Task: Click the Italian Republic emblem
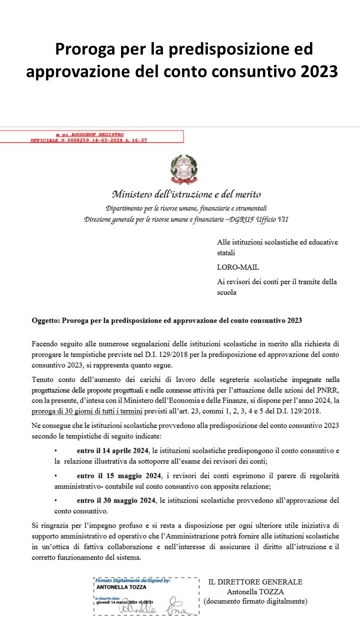tap(184, 169)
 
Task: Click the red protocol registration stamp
tap(91, 137)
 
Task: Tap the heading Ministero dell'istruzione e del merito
tap(186, 194)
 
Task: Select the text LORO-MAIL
tap(238, 267)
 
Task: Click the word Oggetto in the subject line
tap(45, 320)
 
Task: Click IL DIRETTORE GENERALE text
tap(255, 582)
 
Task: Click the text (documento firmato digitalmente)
tap(255, 601)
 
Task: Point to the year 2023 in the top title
tap(319, 71)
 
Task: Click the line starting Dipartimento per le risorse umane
tap(186, 208)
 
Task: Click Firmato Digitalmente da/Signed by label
tap(132, 580)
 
